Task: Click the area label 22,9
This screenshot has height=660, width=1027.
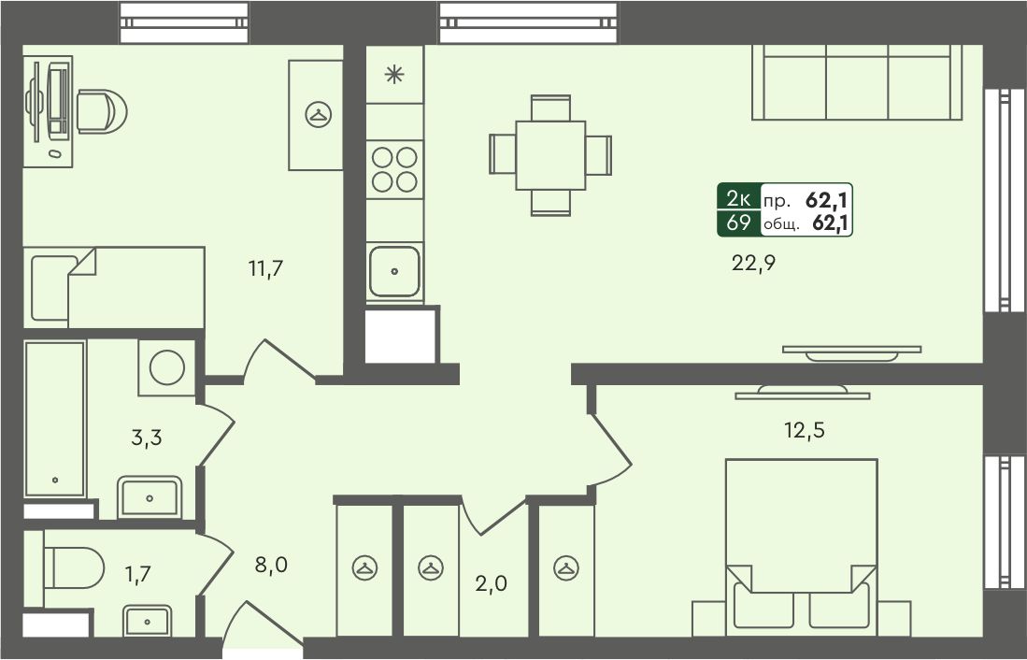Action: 753,264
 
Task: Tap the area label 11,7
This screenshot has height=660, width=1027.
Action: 265,268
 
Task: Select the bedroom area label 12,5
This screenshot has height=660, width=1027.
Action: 805,431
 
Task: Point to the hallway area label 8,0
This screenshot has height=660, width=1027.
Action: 271,564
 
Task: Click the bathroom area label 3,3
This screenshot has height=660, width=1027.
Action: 146,438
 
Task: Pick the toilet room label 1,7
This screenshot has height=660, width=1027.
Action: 138,574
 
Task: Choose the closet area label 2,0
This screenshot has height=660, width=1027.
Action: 492,582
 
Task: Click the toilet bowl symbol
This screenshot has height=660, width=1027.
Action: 74,567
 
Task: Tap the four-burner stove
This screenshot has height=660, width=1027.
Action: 394,169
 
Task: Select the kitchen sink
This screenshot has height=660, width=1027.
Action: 394,271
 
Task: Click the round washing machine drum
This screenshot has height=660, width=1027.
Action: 167,367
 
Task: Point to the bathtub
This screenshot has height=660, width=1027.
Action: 55,420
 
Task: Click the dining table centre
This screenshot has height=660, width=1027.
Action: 550,155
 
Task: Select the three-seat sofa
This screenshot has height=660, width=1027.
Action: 857,82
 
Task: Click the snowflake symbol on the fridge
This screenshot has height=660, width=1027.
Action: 393,74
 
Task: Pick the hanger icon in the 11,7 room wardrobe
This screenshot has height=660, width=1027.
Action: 319,115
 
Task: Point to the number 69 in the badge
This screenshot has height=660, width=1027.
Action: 739,222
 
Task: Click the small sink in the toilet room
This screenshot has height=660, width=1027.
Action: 148,621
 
